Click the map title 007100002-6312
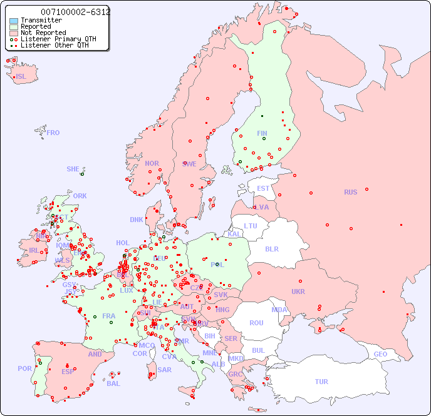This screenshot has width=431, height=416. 75,12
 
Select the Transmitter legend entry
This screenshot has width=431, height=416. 41,20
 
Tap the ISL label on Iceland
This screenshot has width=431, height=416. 21,77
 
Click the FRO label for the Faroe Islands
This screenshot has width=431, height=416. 53,133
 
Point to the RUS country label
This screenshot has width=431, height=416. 350,192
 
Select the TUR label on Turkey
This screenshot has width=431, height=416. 321,382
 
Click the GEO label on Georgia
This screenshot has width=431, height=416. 380,354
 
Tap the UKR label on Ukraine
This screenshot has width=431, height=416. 298,292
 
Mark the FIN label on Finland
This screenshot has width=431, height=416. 262,133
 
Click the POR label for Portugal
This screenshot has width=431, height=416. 24,368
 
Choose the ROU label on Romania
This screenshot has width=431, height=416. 256,323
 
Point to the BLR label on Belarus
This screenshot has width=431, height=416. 271,248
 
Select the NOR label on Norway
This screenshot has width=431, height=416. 152,163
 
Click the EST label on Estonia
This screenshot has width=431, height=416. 263,188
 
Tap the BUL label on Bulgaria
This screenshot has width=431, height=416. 258,350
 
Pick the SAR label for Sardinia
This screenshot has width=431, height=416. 164,370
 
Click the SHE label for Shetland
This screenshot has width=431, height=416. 73,169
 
